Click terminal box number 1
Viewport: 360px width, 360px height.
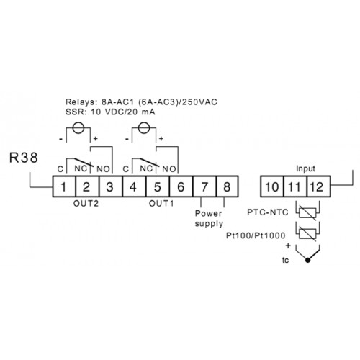64,186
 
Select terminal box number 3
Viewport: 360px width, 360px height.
111,186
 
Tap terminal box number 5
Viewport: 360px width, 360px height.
158,186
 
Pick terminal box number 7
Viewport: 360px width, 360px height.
204,186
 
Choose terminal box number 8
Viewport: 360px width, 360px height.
228,186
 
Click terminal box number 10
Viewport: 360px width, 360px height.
272,186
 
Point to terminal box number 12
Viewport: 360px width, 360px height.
319,186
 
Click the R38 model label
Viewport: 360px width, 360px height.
24,158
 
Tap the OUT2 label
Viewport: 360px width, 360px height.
86,204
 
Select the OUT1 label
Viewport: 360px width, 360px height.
161,204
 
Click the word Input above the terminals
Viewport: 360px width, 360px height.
305,168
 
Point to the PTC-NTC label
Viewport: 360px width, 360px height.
268,212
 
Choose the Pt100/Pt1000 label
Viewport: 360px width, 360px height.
256,235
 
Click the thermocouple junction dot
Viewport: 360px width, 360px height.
307,260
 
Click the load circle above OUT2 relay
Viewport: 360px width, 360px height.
78,127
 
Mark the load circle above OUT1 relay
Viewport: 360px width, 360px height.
144,127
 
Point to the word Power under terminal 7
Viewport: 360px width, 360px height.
208,213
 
